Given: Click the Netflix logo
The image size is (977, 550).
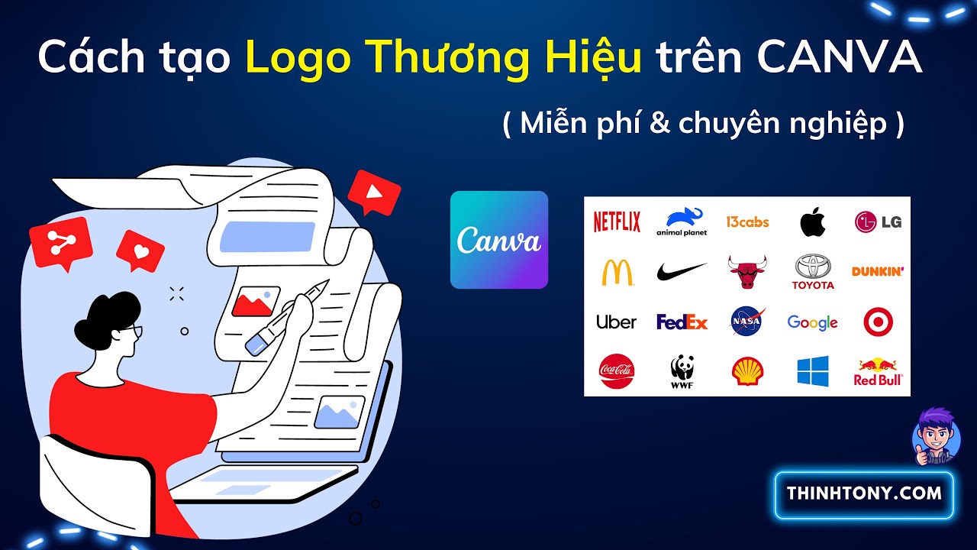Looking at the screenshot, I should (x=617, y=222).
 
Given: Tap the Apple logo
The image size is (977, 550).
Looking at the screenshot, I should (x=813, y=222).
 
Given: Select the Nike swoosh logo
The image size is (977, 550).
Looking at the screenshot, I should (x=682, y=271).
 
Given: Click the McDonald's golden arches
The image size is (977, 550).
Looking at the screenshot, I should (x=617, y=272).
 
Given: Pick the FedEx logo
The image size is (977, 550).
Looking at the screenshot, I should (x=682, y=322).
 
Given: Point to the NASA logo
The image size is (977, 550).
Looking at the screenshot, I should (x=746, y=322).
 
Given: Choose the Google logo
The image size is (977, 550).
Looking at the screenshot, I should (x=812, y=322).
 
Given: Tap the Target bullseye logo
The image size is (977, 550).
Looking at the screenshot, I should (x=878, y=322).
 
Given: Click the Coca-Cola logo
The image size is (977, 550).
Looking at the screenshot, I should (x=617, y=371).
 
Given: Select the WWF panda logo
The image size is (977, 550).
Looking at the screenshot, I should (x=681, y=370).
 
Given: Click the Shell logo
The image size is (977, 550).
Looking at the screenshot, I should (x=746, y=371).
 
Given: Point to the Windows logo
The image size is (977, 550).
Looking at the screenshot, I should (x=812, y=371).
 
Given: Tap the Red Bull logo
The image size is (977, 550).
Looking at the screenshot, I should (x=878, y=371).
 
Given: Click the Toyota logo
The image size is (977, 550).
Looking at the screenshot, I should (x=813, y=272).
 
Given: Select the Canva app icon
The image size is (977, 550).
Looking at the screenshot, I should (x=499, y=240).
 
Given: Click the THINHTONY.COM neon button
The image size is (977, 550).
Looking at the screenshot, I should (x=864, y=493).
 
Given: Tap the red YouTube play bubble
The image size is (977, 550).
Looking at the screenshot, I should (x=373, y=191).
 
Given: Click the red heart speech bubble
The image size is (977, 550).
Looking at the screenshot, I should (x=140, y=250).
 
